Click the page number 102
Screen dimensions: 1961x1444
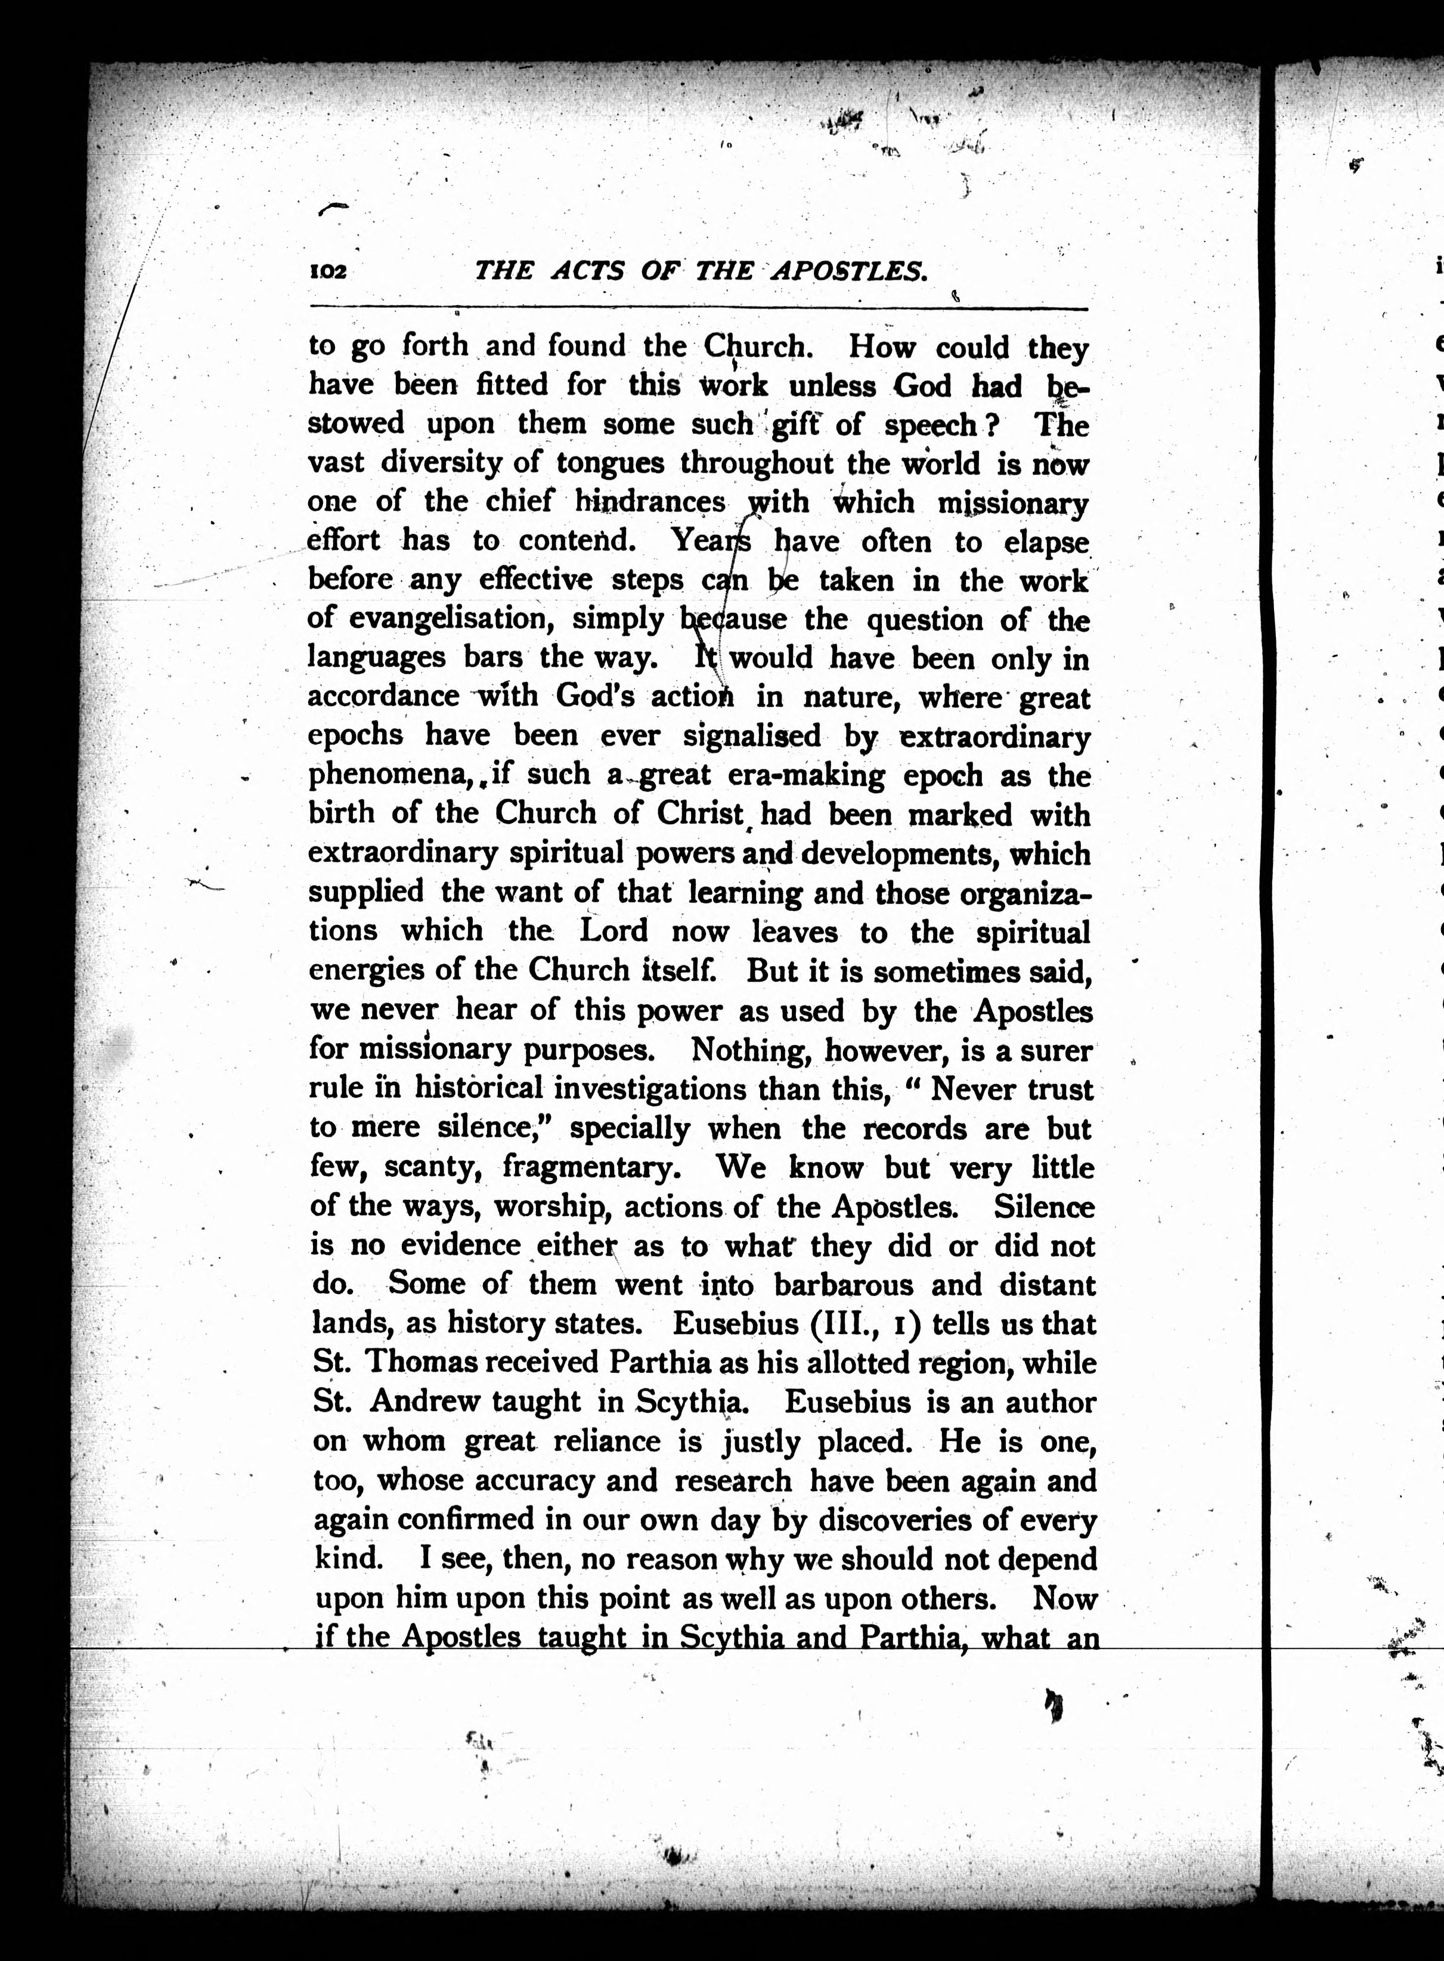(329, 272)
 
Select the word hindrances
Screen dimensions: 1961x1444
(650, 503)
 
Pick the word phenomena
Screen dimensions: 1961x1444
(371, 775)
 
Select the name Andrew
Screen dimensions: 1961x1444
(425, 1402)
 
